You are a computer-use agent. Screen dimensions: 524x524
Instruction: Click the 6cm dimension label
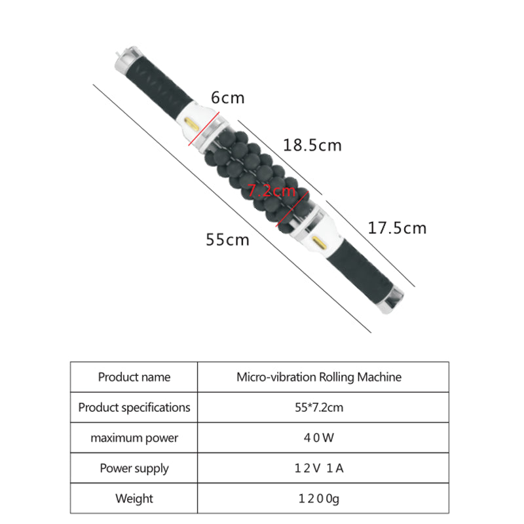tap(227, 98)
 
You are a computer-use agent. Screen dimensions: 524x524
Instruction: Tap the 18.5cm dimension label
tap(312, 145)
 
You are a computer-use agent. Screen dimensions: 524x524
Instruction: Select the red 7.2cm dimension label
tap(271, 191)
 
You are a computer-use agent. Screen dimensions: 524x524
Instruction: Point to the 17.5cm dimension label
tap(397, 228)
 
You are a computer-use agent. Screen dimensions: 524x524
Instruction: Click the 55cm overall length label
tap(227, 240)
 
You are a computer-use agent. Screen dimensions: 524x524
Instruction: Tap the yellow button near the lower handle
tap(319, 242)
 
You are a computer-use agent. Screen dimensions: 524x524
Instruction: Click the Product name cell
tap(134, 377)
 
